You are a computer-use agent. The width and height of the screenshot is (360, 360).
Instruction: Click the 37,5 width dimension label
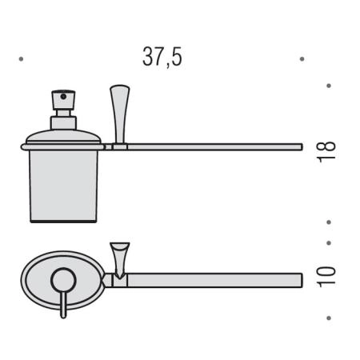[162, 57]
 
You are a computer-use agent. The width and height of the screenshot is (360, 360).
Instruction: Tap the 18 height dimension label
[326, 151]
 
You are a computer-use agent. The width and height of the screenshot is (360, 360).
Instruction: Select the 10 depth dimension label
[326, 277]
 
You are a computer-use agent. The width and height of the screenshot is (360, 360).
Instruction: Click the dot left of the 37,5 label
[21, 59]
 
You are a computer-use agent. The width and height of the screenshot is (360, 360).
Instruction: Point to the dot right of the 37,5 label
[302, 59]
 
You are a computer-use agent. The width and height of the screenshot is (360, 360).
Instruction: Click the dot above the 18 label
[329, 86]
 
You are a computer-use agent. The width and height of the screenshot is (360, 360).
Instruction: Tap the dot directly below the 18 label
[329, 222]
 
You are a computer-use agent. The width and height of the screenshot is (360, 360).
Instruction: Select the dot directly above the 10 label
[329, 243]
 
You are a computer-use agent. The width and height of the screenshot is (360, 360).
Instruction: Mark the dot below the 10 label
[329, 318]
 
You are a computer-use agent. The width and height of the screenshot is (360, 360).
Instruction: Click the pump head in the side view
[63, 100]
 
